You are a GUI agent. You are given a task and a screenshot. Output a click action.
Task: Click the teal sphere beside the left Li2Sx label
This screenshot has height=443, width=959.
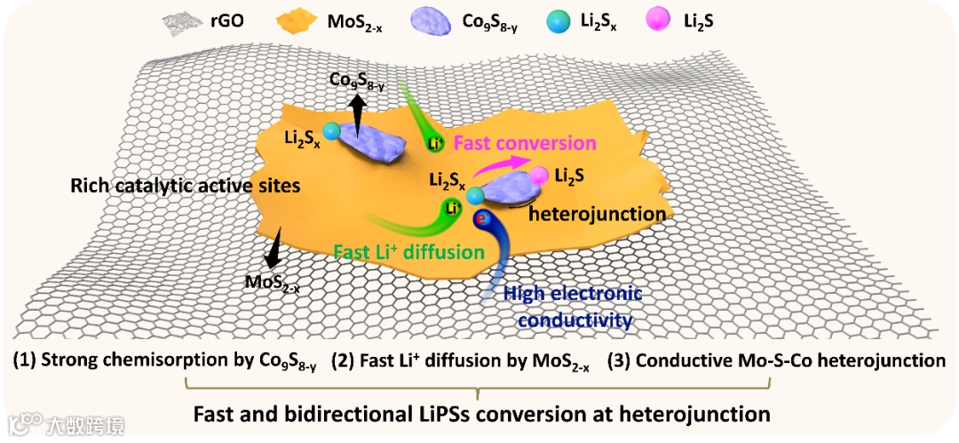pyautogui.click(x=332, y=132)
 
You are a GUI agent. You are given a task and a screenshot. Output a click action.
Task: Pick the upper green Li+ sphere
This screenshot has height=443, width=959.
pyautogui.click(x=433, y=142)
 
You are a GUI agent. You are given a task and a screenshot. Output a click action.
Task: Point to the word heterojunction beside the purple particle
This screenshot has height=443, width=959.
pyautogui.click(x=598, y=213)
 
